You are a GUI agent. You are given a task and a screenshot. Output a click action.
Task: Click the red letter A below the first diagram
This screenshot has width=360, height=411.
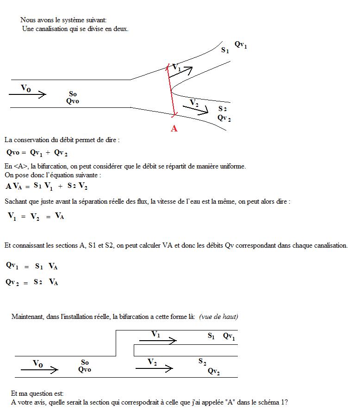(x=174, y=129)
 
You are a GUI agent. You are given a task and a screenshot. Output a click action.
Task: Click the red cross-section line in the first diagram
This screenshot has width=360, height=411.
(x=171, y=90)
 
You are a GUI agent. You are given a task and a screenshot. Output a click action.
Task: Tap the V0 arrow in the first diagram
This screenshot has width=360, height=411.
(x=28, y=94)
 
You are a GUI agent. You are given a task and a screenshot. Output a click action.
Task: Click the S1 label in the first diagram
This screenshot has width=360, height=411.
(x=225, y=50)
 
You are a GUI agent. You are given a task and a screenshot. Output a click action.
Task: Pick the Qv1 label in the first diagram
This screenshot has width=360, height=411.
(x=241, y=45)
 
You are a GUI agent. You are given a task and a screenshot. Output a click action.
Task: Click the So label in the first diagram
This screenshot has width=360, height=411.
(x=73, y=94)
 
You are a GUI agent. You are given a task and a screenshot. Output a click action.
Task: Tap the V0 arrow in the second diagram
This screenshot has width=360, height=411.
(x=40, y=369)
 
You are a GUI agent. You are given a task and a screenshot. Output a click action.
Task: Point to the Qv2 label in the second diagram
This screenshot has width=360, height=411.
(x=214, y=371)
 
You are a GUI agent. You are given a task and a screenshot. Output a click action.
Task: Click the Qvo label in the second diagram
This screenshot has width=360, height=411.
(x=85, y=369)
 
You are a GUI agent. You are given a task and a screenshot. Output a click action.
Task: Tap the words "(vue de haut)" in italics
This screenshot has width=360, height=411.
(x=218, y=317)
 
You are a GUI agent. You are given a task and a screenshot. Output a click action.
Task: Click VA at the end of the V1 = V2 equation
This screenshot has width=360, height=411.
(x=59, y=215)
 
